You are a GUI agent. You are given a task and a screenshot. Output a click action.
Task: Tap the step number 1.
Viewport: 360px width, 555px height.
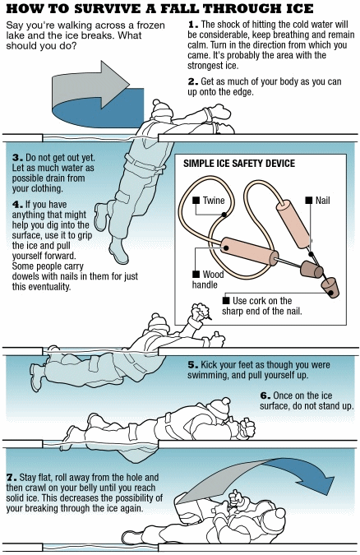click(192, 25)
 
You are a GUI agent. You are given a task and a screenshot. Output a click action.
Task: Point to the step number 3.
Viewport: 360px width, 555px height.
click(17, 158)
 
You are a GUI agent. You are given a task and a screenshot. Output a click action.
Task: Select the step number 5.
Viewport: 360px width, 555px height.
click(192, 365)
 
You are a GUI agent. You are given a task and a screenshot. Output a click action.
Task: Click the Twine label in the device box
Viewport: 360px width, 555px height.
click(214, 201)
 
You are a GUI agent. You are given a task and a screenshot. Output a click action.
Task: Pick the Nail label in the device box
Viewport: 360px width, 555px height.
click(322, 201)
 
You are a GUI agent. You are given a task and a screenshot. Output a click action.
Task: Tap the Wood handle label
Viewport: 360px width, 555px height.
click(208, 280)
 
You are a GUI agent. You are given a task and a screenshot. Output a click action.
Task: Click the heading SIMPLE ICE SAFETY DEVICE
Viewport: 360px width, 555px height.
click(239, 163)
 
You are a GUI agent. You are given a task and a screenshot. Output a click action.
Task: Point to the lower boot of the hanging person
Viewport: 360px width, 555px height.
click(118, 251)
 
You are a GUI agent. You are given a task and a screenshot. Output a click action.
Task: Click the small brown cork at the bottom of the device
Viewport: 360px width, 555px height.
click(330, 287)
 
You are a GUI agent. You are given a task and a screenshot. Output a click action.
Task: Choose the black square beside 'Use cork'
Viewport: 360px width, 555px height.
click(226, 300)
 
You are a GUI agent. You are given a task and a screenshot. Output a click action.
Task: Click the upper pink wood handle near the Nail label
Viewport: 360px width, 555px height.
click(293, 224)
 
